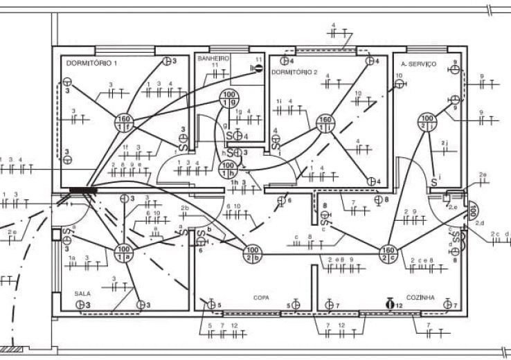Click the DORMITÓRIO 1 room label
click(x=91, y=63)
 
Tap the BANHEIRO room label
click(x=213, y=59)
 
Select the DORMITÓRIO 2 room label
click(x=294, y=72)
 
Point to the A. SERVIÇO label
click(x=418, y=64)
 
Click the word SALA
click(x=82, y=294)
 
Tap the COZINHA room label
click(x=420, y=297)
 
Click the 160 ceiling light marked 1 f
click(x=125, y=122)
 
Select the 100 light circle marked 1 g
click(x=228, y=98)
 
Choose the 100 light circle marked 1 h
click(x=228, y=169)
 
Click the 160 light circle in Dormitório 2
click(x=325, y=123)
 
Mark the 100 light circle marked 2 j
click(x=426, y=123)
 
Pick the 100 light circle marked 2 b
click(x=252, y=253)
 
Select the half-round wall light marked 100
click(x=472, y=209)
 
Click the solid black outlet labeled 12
click(x=390, y=303)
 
